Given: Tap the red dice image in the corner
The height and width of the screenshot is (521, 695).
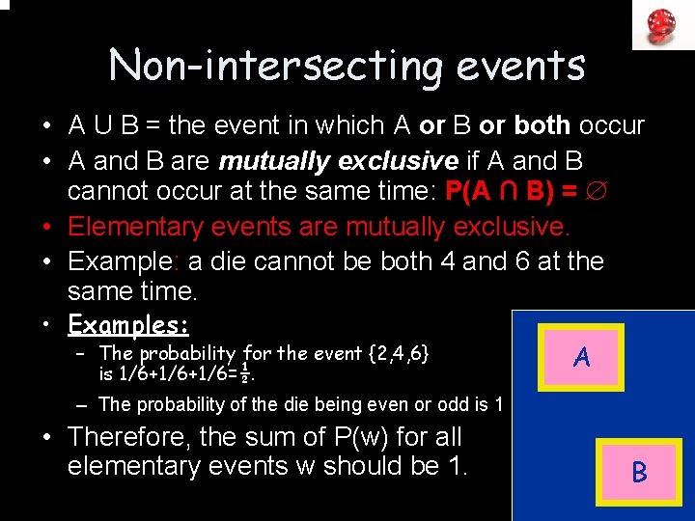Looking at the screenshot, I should [x=662, y=24].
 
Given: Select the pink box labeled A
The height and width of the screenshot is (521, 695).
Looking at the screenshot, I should [x=581, y=358].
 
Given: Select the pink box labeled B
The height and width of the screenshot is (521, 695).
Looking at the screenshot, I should [x=639, y=472].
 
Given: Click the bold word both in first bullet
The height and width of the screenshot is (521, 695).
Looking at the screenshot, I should [x=542, y=125].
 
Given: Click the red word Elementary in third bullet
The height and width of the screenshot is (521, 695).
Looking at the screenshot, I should [x=126, y=227].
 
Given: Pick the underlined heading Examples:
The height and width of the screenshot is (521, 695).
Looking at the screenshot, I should [x=128, y=322].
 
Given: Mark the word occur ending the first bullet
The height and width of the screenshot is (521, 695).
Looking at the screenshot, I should [x=612, y=125].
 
